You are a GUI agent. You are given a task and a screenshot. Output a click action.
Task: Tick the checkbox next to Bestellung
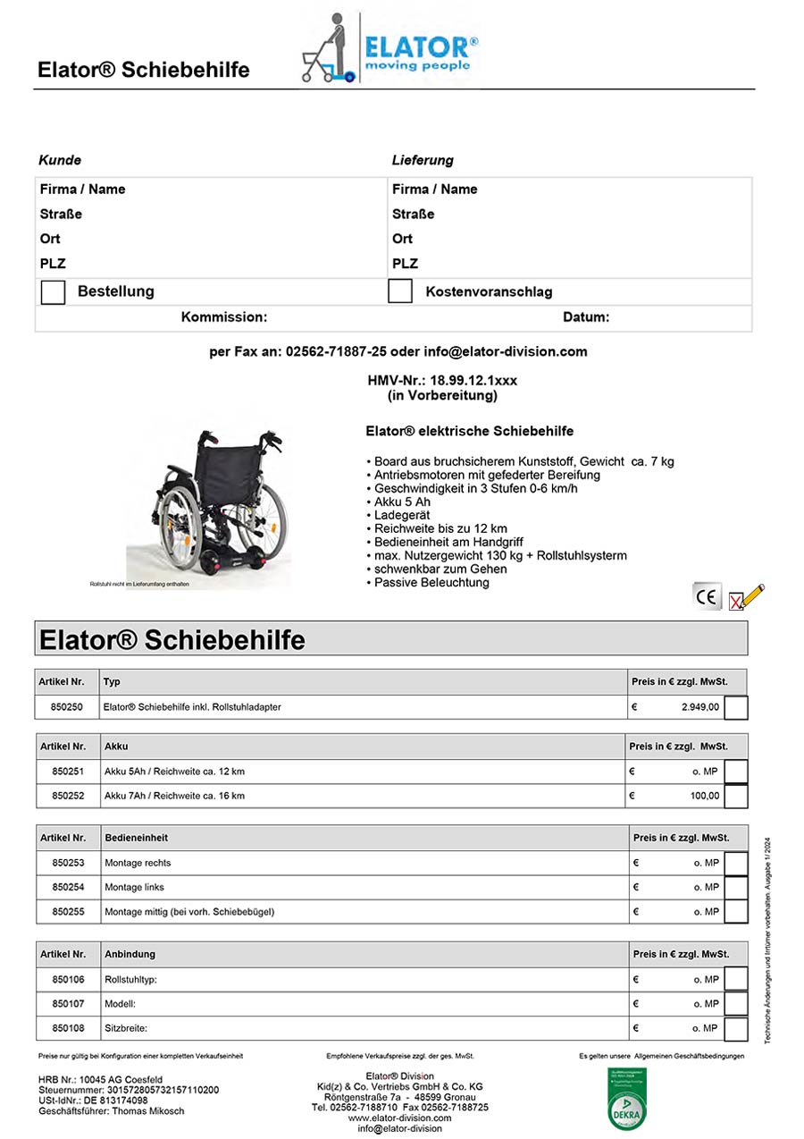(x=53, y=292)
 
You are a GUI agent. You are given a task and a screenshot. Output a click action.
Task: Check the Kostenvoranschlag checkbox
(x=400, y=291)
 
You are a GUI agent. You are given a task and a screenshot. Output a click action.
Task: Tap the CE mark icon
(x=707, y=596)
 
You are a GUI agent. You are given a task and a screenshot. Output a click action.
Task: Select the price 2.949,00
(x=699, y=707)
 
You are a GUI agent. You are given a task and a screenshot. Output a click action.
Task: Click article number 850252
(x=68, y=796)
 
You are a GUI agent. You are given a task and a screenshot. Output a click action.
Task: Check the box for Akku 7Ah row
(x=735, y=796)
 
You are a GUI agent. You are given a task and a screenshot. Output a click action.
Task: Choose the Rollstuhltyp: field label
(x=130, y=980)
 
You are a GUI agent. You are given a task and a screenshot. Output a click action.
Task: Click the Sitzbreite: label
(x=126, y=1028)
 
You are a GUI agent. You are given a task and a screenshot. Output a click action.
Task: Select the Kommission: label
(x=223, y=317)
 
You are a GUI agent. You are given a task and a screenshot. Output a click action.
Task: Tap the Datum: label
(x=586, y=317)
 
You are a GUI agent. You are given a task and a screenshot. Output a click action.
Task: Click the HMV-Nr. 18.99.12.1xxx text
(x=442, y=381)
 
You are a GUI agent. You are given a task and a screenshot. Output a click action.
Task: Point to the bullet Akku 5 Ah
(x=399, y=502)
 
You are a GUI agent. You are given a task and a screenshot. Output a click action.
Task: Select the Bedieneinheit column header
(x=136, y=838)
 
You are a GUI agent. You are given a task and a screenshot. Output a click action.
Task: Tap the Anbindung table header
(x=130, y=954)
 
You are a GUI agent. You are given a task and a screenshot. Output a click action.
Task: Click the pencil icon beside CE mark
(x=748, y=596)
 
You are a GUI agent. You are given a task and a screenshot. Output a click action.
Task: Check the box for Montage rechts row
(x=735, y=863)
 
